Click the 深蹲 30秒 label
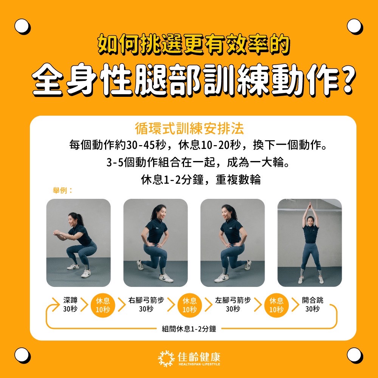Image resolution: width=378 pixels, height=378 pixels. tap(70, 304)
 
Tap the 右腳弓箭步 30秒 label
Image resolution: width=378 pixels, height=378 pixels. tap(146, 304)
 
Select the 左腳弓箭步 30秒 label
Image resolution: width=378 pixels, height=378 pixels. tap(233, 304)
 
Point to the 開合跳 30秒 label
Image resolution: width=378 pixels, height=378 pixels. tap(313, 304)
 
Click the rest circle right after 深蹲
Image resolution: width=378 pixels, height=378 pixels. tap(103, 305)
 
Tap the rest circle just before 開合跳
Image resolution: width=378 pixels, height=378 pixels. tap(276, 305)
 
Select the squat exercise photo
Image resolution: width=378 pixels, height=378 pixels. tap(78, 243)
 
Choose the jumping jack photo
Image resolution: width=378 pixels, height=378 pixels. tap(310, 243)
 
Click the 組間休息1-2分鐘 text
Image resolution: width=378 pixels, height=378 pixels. tap(189, 329)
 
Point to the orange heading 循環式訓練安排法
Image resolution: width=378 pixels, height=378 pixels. tap(189, 128)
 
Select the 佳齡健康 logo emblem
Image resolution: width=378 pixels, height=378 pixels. tap(166, 358)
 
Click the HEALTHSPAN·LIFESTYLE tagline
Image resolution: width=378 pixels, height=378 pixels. tap(199, 364)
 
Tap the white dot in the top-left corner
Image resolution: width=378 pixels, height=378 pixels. tap(22, 26)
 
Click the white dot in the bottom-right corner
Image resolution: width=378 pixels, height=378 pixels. tap(355, 355)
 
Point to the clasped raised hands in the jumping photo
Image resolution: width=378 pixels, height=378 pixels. tap(310, 206)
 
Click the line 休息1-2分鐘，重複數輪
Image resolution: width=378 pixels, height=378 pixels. tap(201, 180)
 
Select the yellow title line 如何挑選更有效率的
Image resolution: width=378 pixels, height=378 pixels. tap(193, 44)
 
